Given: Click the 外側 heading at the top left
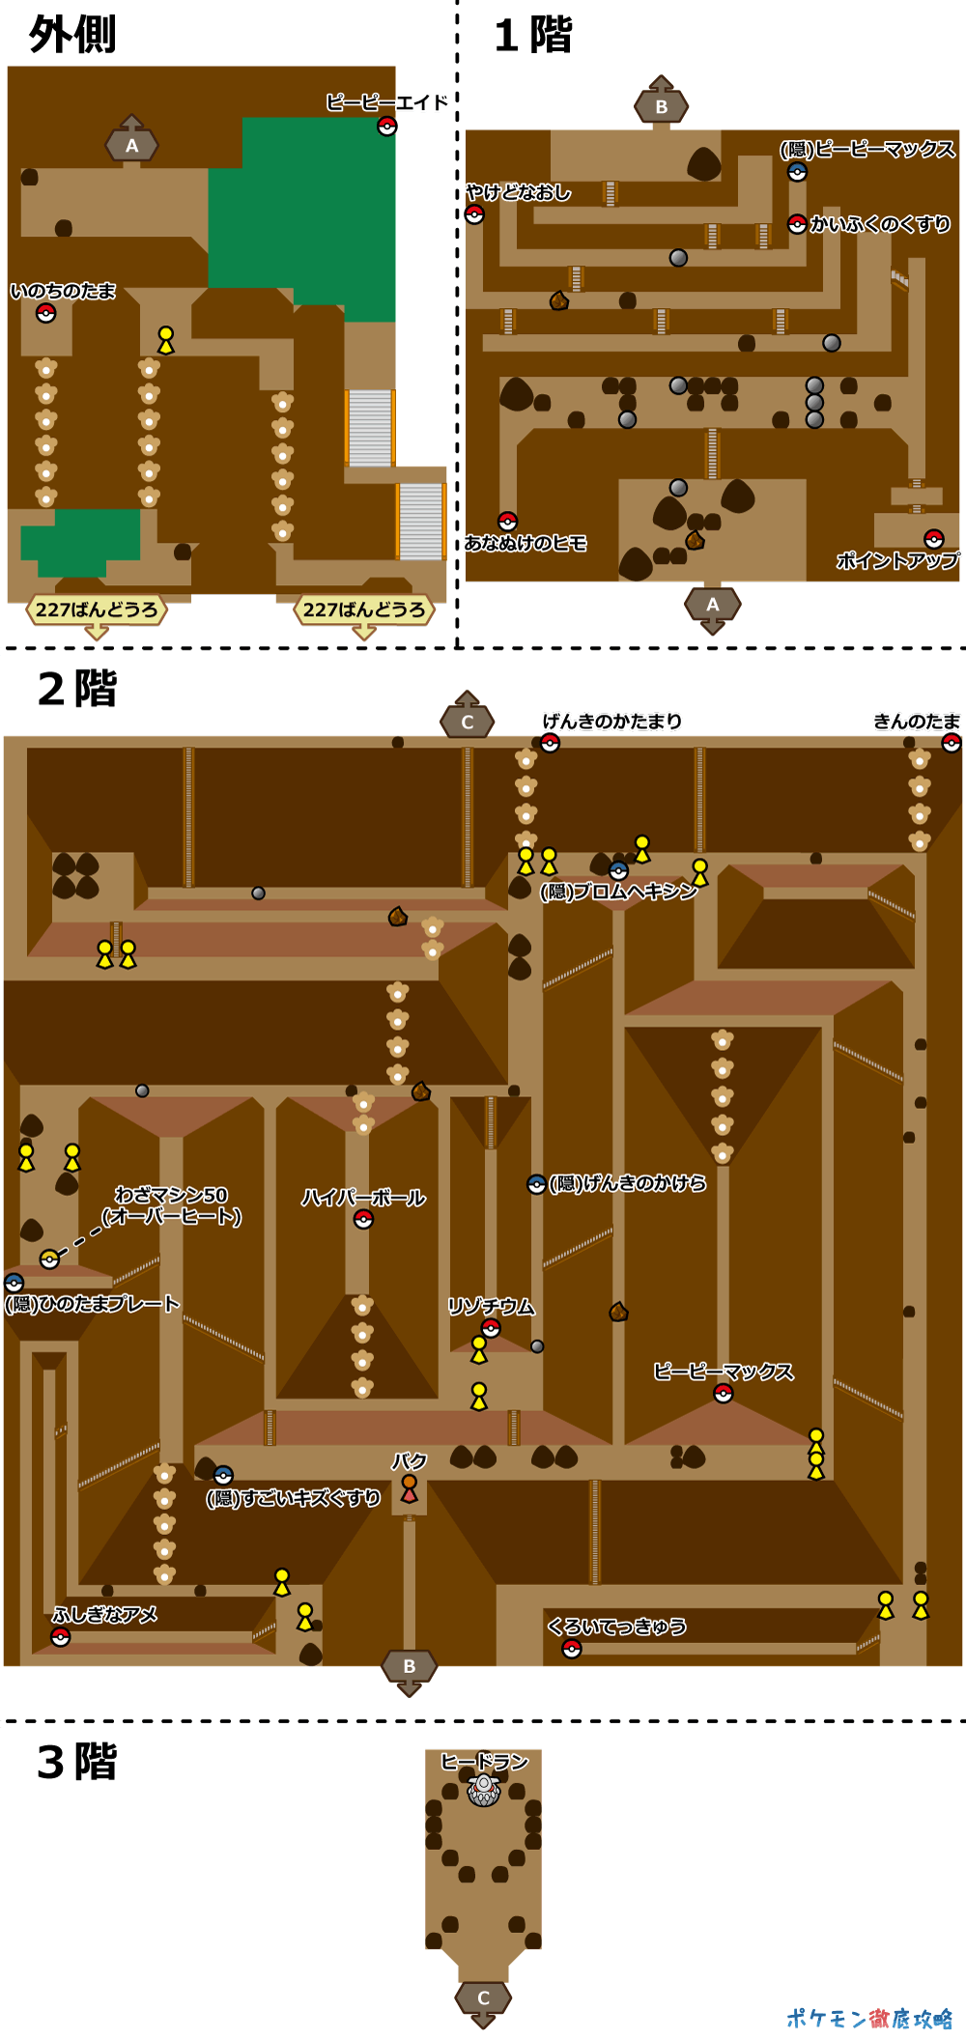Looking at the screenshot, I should [x=72, y=35].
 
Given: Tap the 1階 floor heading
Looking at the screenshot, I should [x=533, y=36].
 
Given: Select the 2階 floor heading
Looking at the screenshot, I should [x=77, y=689].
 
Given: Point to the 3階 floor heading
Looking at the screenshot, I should [x=77, y=1762].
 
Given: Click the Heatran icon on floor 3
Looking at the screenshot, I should [x=484, y=1790].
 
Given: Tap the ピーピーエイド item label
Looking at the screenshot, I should [x=386, y=102].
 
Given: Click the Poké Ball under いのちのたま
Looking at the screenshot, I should [x=45, y=313].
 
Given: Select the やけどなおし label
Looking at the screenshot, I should [x=518, y=192].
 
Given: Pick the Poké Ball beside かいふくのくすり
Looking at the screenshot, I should [x=797, y=224].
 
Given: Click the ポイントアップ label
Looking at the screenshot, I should [x=897, y=560].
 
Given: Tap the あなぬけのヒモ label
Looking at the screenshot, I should [x=526, y=543].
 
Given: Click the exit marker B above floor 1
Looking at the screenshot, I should [x=661, y=105].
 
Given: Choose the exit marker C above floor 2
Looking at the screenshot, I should [x=468, y=721].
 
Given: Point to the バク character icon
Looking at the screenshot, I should [x=410, y=1487].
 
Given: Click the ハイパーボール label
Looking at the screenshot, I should [x=363, y=1198].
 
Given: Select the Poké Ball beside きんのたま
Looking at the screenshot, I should [x=952, y=742].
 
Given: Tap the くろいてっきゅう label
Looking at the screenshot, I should [x=617, y=1627].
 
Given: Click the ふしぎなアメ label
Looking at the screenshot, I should [x=105, y=1614].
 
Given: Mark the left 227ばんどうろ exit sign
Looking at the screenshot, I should [x=97, y=609].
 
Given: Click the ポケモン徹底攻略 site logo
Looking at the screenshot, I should [x=869, y=2018].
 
